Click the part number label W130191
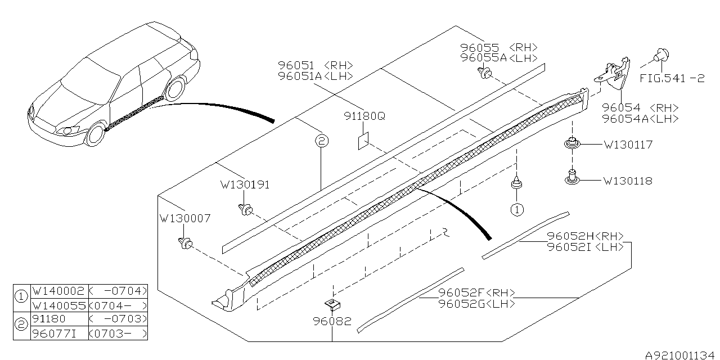point(245,184)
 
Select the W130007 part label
point(185,218)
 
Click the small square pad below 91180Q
point(363,141)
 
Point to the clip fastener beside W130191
point(245,210)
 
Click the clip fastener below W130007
point(184,243)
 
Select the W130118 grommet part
point(573,178)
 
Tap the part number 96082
point(332,322)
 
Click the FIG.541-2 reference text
point(672,79)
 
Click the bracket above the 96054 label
point(614,74)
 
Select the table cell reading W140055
point(58,305)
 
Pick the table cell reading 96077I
point(58,334)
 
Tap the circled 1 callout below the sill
point(516,210)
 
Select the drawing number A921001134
point(681,354)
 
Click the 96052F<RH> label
point(476,293)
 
